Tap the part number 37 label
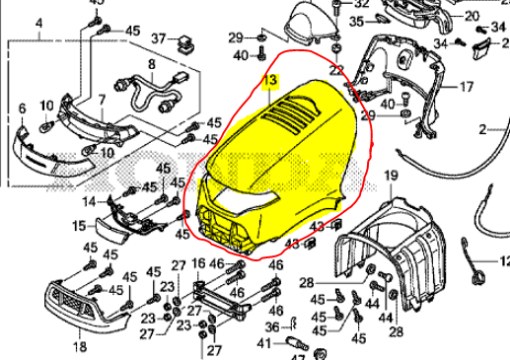click(x=159, y=38)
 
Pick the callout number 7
click(x=101, y=101)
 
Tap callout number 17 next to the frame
click(x=468, y=88)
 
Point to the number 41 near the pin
click(x=262, y=343)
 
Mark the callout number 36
click(x=272, y=327)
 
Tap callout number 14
click(x=89, y=202)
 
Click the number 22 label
click(x=336, y=70)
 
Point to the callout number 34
click(x=497, y=41)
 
